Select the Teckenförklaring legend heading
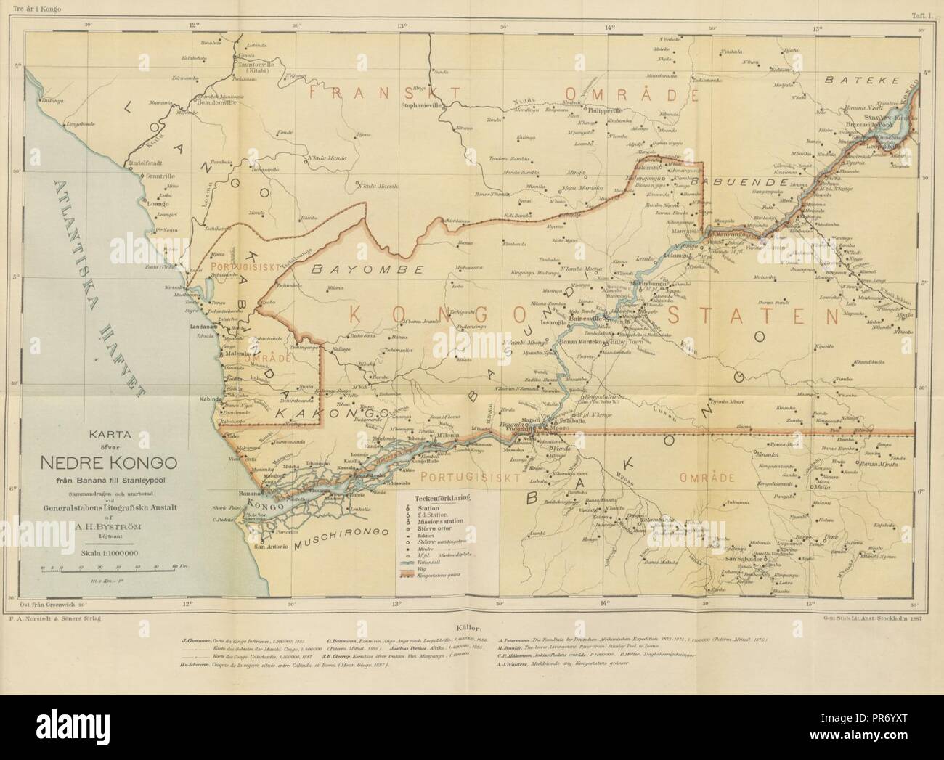(x=442, y=499)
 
